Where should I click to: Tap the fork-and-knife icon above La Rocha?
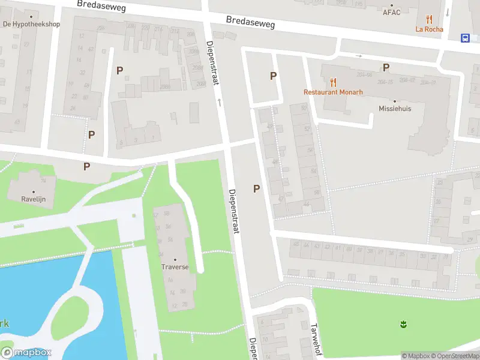428,19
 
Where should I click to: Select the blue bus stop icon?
466,38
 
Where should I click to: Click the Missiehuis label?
395,109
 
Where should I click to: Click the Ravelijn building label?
34,199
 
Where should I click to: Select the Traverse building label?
175,266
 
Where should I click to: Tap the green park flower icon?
403,325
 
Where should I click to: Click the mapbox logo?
26,353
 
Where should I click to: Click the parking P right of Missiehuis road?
386,67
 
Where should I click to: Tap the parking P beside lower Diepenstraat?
256,188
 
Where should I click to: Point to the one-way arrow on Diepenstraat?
219,103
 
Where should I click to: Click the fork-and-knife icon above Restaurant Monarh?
333,82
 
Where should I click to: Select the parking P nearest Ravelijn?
87,166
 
